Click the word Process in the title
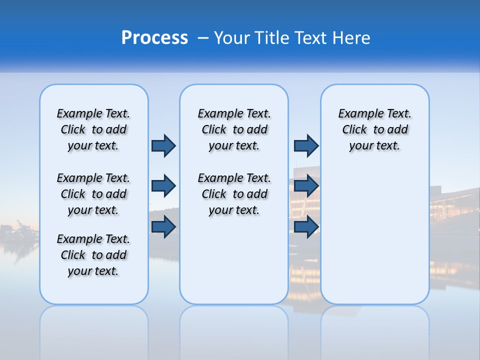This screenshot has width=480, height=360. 154,38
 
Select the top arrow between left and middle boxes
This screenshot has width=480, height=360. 163,145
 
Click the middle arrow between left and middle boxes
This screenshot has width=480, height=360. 163,186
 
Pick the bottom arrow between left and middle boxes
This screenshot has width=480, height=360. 163,226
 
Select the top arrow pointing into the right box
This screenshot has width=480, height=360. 306,145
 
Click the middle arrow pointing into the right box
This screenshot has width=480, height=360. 306,186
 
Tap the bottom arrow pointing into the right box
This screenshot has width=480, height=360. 306,226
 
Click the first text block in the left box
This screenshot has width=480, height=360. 93,129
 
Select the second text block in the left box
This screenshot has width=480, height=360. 93,194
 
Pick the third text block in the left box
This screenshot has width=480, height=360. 93,255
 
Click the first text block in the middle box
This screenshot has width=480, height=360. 234,129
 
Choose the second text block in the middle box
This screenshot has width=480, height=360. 234,194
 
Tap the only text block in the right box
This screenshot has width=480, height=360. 374,129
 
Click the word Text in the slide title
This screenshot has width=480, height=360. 310,38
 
